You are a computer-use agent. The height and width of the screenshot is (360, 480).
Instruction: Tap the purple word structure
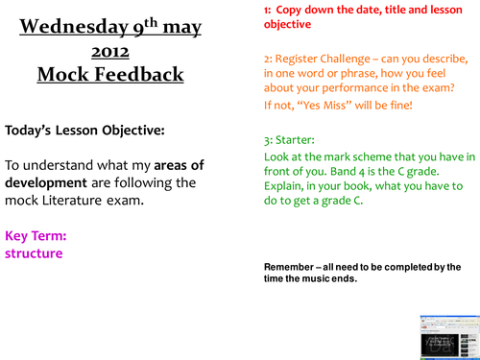pos(33,253)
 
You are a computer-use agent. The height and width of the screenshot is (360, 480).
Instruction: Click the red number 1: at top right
pos(268,9)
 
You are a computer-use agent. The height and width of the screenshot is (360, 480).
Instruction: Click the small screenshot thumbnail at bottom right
pos(447,332)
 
